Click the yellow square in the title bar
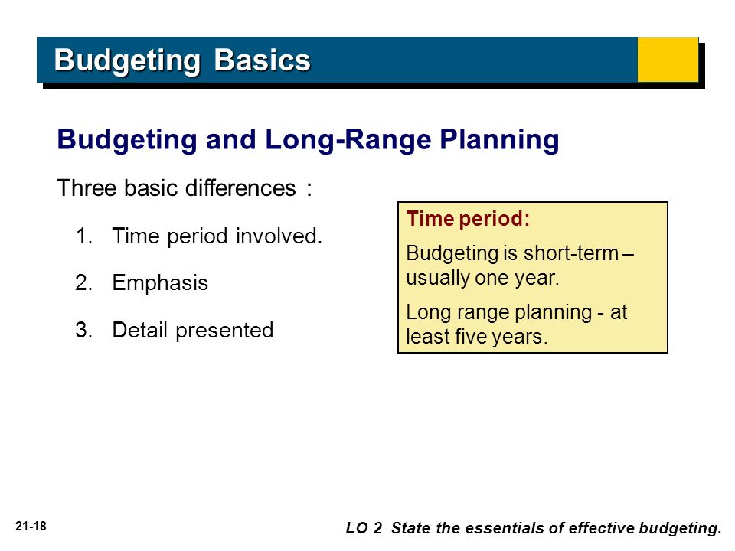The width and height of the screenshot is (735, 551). pyautogui.click(x=668, y=60)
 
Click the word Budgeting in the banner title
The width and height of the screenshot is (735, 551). pyautogui.click(x=128, y=61)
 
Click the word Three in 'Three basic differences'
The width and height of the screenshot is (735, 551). pyautogui.click(x=87, y=188)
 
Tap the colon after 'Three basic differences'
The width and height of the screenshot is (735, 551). pyautogui.click(x=309, y=190)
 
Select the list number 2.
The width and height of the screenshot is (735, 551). pyautogui.click(x=84, y=282)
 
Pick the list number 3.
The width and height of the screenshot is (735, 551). pyautogui.click(x=84, y=330)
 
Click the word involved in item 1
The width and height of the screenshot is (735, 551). pyautogui.click(x=279, y=236)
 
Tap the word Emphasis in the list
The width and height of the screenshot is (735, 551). pyautogui.click(x=160, y=283)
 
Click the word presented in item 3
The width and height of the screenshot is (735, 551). pyautogui.click(x=224, y=331)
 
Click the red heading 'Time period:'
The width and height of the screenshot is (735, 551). pyautogui.click(x=468, y=219)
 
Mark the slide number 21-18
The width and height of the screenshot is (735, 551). pyautogui.click(x=31, y=527)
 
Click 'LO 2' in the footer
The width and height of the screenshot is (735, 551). pyautogui.click(x=364, y=528)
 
